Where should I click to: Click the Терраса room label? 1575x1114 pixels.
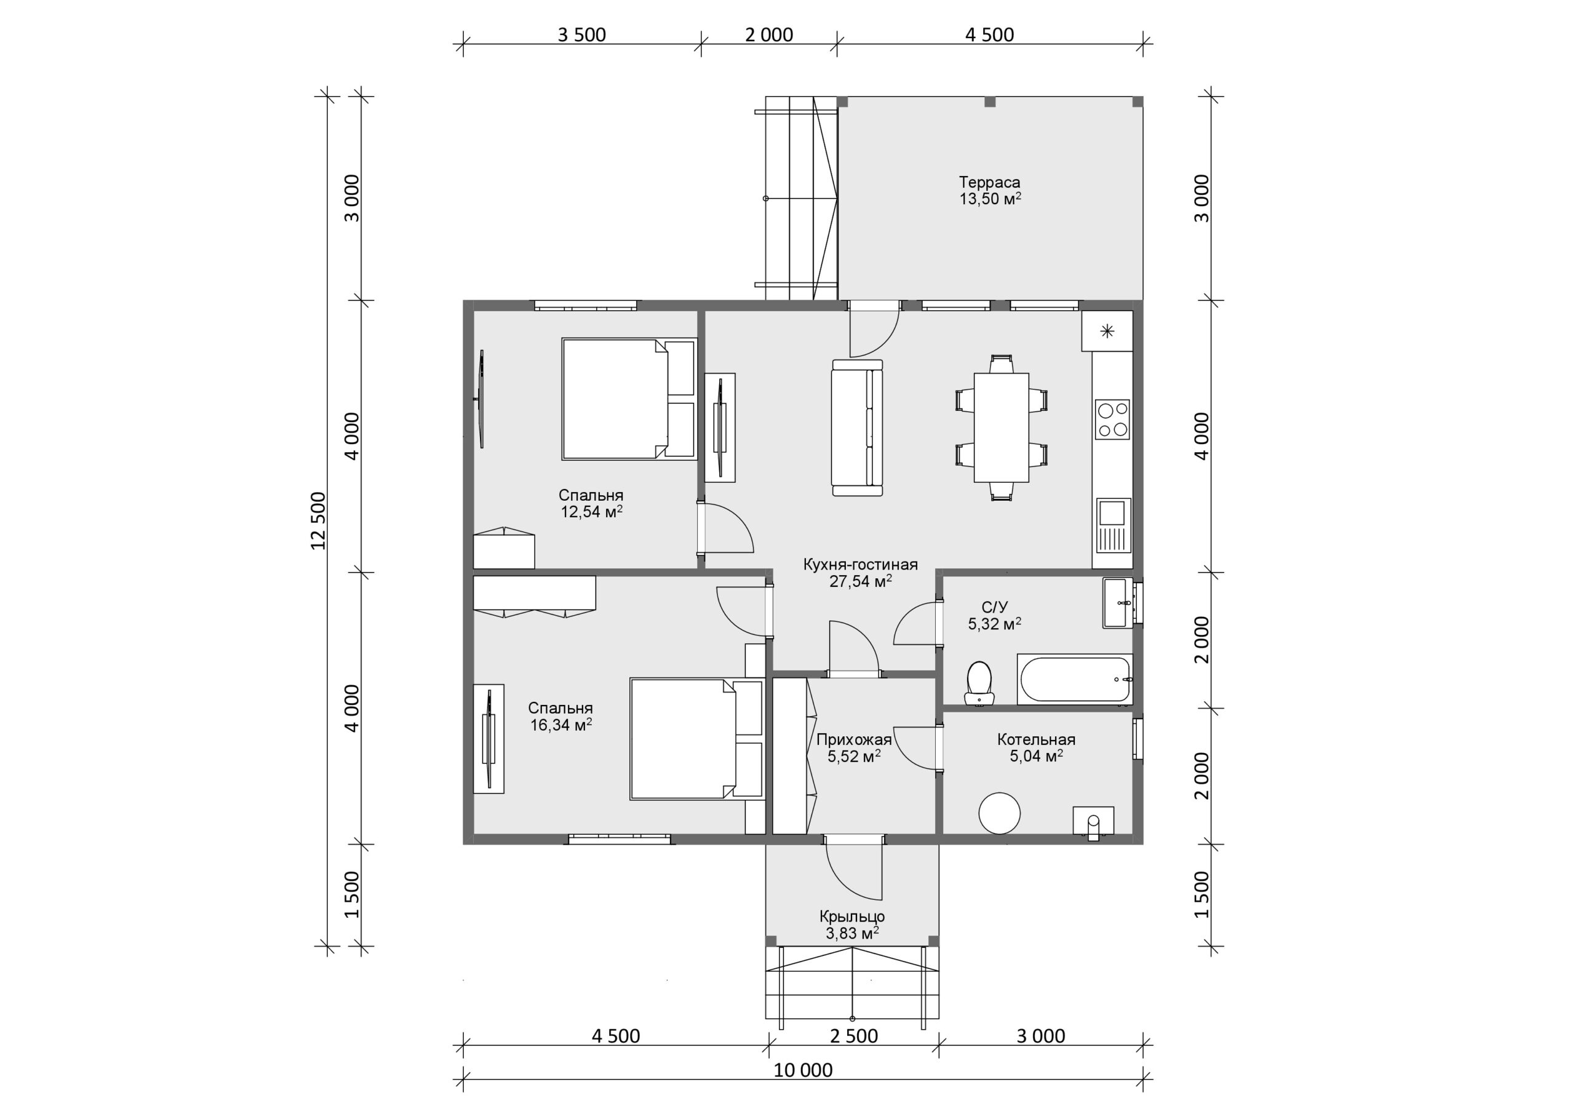(x=989, y=183)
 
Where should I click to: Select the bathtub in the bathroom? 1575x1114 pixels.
(x=1074, y=679)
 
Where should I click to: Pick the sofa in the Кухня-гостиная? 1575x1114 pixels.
(x=857, y=428)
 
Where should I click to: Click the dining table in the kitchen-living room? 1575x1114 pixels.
(x=1001, y=428)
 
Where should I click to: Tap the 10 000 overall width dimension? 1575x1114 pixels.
(x=803, y=1070)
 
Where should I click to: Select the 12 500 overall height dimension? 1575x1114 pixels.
(x=317, y=520)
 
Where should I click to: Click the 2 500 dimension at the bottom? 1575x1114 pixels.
(x=853, y=1035)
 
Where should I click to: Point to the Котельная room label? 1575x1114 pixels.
(x=1036, y=739)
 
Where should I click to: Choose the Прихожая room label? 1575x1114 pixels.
(x=853, y=739)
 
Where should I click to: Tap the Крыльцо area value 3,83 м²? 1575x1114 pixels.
(x=852, y=933)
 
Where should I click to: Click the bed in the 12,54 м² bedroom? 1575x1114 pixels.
(x=629, y=399)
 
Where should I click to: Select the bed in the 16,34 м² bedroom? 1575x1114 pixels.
(x=697, y=739)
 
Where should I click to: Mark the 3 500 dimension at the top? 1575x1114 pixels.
(x=582, y=34)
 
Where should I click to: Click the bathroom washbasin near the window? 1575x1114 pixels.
(x=1118, y=603)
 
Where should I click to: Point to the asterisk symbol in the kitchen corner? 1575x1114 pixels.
(x=1107, y=332)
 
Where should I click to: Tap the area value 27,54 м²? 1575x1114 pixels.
(x=860, y=581)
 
